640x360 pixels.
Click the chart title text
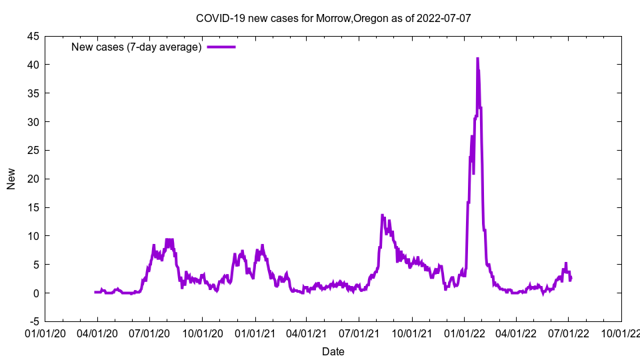pos(333,18)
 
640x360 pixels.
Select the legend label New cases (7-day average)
pos(136,47)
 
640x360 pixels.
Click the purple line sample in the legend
pos(221,47)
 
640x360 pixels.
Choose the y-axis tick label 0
pos(36,293)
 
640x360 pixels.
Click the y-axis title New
pos(11,179)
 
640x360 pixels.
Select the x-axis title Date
pos(333,351)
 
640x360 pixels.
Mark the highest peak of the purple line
pos(477,59)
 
